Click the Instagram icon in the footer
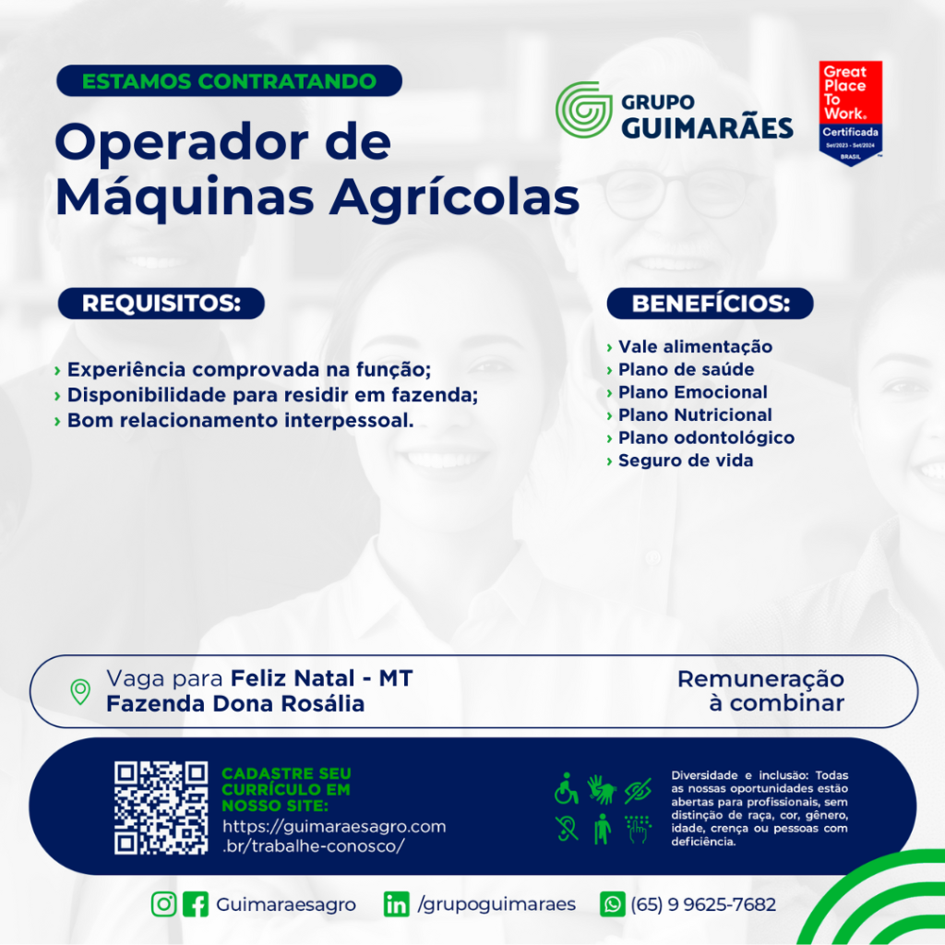(x=163, y=904)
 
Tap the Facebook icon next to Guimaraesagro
(x=196, y=904)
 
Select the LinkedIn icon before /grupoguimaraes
(x=396, y=904)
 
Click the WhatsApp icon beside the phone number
(x=613, y=904)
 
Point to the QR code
(x=161, y=807)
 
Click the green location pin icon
(x=80, y=691)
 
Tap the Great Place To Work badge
(x=850, y=114)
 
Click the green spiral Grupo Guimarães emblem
(x=583, y=110)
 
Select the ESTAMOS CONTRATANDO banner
(x=229, y=81)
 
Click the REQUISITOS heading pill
(x=161, y=303)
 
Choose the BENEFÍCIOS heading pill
(x=710, y=303)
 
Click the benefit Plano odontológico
(x=706, y=437)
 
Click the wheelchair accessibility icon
(x=567, y=788)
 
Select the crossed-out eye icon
(x=638, y=790)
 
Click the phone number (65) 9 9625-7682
(x=703, y=904)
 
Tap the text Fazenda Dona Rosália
(x=235, y=704)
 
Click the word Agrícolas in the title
(x=454, y=197)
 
